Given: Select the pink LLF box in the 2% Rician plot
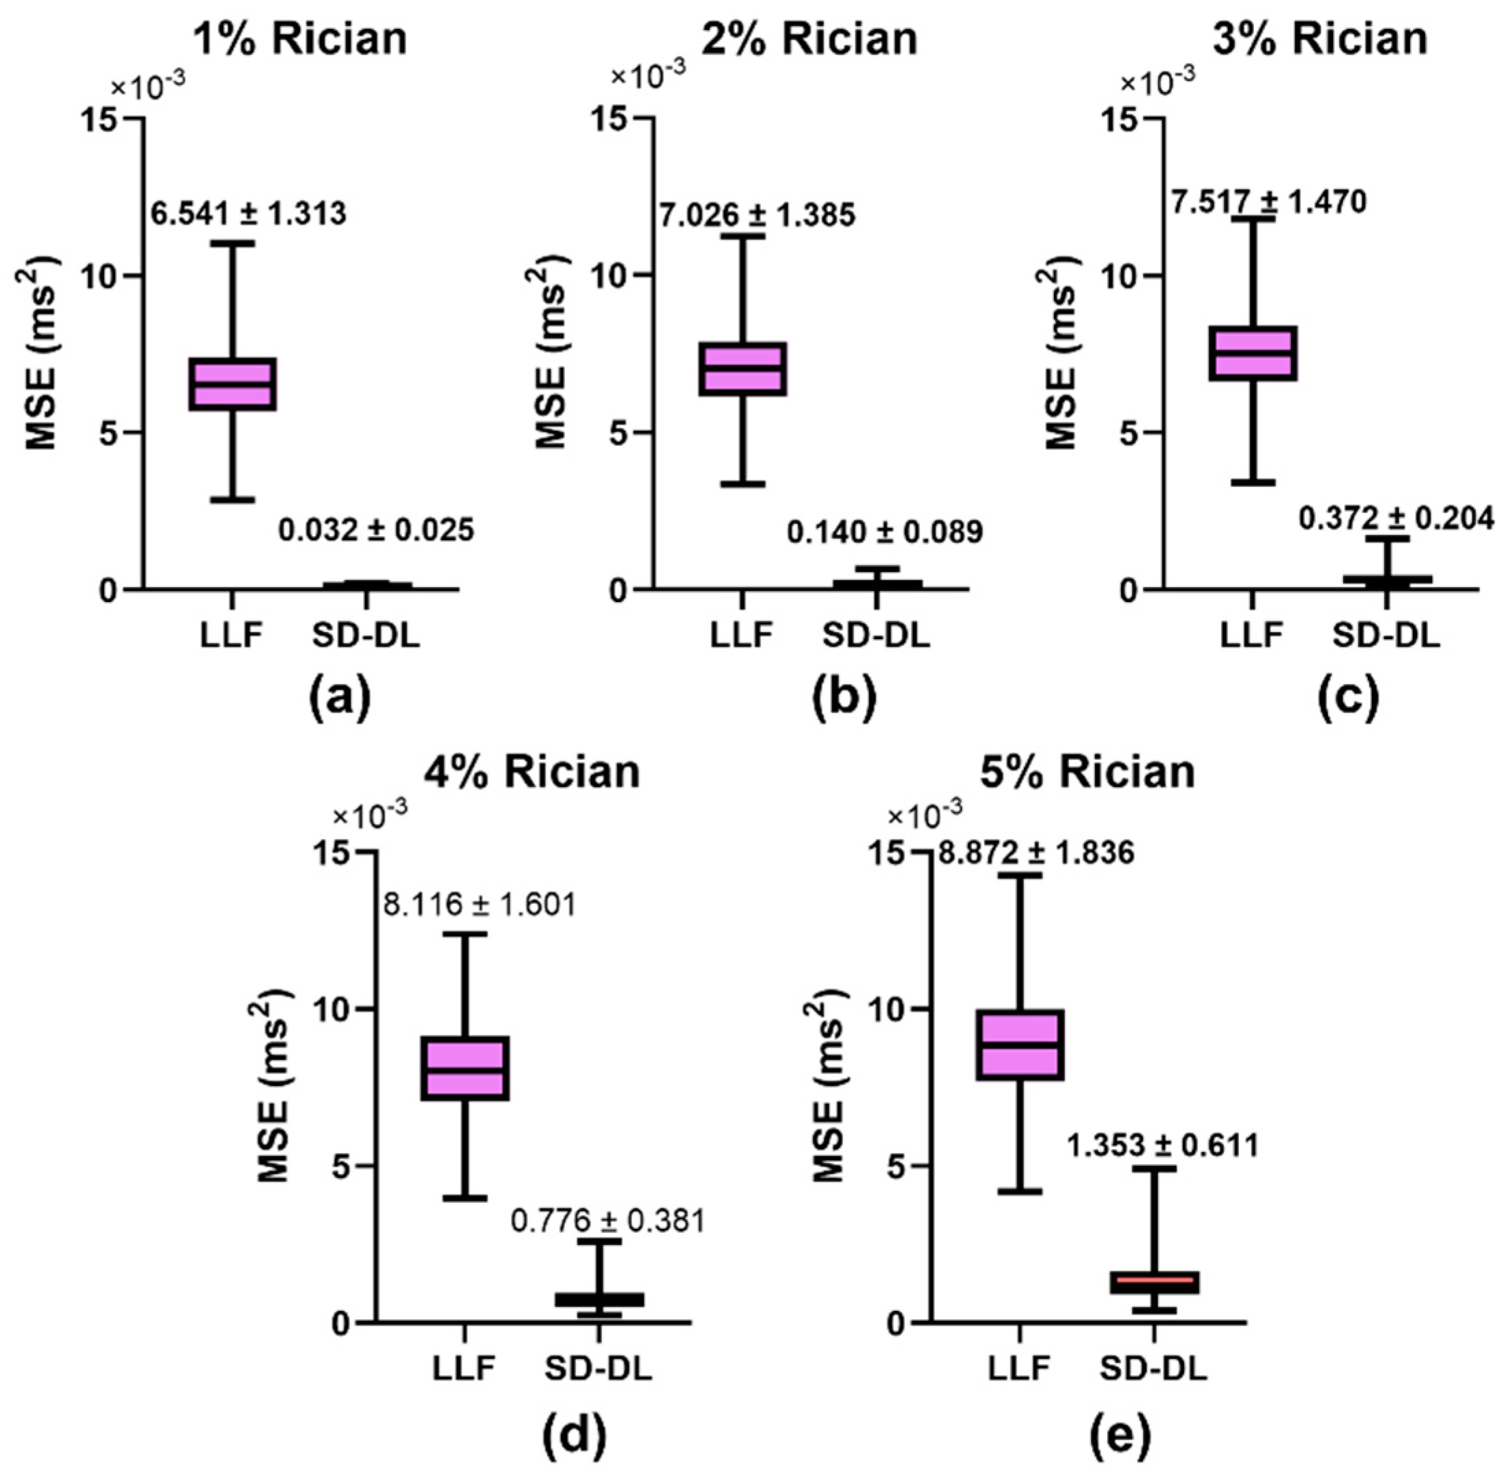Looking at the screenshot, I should (x=742, y=368).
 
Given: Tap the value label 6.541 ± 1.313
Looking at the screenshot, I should (x=248, y=213).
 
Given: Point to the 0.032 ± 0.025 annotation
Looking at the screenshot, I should (x=376, y=530).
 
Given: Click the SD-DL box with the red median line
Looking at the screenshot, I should (x=1154, y=1282).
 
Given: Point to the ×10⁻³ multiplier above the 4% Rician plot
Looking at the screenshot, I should (x=370, y=812).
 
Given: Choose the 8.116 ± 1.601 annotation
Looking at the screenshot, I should (x=480, y=904).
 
